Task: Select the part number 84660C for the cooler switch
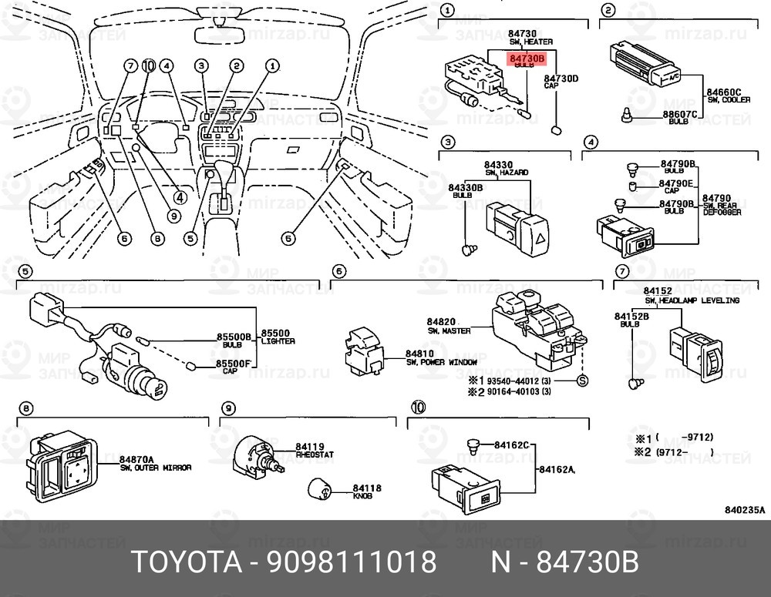pyautogui.click(x=724, y=92)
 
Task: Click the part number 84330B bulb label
pyautogui.click(x=465, y=187)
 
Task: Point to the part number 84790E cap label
pyautogui.click(x=677, y=183)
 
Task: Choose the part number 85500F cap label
pyautogui.click(x=233, y=364)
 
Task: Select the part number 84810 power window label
pyautogui.click(x=421, y=353)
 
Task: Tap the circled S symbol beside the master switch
pyautogui.click(x=582, y=381)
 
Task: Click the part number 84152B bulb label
pyautogui.click(x=631, y=317)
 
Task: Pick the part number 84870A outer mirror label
pyautogui.click(x=137, y=459)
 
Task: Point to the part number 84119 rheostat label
pyautogui.click(x=311, y=447)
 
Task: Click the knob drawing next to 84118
pyautogui.click(x=318, y=489)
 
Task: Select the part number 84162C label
pyautogui.click(x=511, y=444)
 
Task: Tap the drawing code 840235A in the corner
pyautogui.click(x=745, y=509)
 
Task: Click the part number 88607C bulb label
pyautogui.click(x=679, y=115)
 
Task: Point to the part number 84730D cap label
pyautogui.click(x=561, y=79)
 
